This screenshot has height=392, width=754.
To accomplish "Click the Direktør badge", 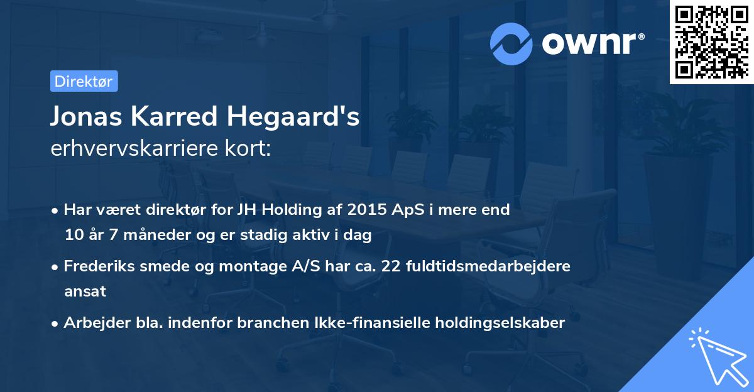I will coord(84,81).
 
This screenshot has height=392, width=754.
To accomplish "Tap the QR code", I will coord(711,41).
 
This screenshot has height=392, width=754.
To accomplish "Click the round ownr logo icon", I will coord(511,43).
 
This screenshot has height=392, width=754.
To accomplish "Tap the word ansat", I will coord(85,291).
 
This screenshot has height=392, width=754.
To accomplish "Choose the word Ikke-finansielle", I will coord(373,323).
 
